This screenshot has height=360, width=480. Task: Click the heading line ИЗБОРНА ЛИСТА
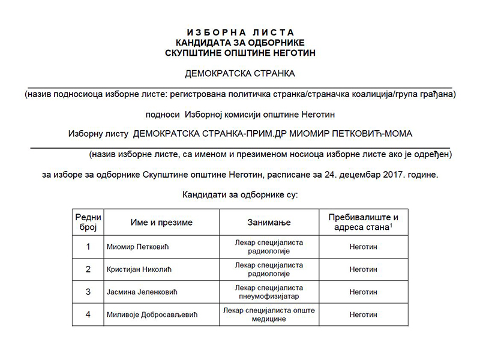240,32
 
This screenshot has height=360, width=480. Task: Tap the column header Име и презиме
161,223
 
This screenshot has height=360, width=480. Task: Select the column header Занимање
269,223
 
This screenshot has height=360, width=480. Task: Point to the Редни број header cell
88,223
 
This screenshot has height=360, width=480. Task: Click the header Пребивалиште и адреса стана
363,222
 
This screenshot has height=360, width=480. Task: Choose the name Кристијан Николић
137,269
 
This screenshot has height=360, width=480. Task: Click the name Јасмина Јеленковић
142,292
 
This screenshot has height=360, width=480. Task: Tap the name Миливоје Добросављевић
151,314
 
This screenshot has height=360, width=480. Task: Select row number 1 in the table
88,247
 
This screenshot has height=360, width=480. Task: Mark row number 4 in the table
88,314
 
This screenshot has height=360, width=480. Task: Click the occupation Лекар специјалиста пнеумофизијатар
269,292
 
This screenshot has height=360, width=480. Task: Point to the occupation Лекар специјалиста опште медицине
269,314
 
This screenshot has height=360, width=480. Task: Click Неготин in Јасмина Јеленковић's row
363,292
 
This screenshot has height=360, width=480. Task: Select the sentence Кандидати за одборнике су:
240,194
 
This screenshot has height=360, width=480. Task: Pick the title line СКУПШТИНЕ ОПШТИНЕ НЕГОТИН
240,53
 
